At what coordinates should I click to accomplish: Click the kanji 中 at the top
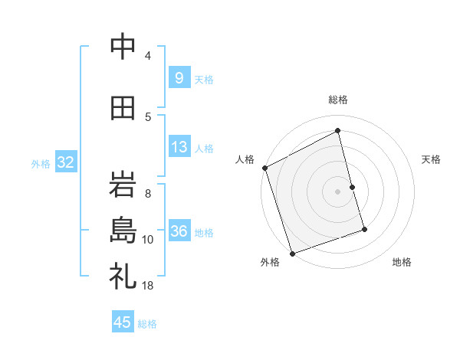(x=123, y=47)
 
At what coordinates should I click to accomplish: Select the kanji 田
(x=123, y=109)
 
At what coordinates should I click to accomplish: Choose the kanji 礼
(x=123, y=277)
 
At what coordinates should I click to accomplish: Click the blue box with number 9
(x=179, y=78)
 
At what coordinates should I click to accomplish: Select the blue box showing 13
(x=179, y=147)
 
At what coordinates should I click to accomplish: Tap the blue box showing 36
(x=179, y=231)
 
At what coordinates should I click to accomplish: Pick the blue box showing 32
(x=65, y=162)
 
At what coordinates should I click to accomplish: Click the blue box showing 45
(x=123, y=322)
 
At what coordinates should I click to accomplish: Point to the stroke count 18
(x=147, y=285)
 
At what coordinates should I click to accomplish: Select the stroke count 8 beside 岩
(x=147, y=193)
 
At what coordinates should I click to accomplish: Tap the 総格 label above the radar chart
(x=337, y=100)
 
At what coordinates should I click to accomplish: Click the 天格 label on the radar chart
(x=432, y=159)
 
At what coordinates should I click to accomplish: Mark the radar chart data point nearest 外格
(x=291, y=253)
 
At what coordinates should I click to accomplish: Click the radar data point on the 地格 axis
(x=364, y=229)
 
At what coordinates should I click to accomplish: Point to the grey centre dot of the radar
(x=337, y=191)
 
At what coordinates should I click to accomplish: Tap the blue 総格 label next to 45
(x=147, y=324)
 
